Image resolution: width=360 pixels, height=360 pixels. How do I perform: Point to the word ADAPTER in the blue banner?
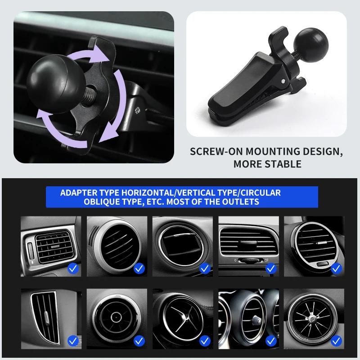coord(78,193)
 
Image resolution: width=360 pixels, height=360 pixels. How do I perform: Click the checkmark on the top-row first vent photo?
coord(73,269)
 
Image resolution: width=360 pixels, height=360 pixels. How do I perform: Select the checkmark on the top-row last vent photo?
coord(336,269)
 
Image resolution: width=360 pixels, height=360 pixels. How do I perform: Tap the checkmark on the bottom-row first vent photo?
coord(73,342)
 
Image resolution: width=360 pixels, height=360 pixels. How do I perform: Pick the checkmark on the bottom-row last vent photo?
coord(336,342)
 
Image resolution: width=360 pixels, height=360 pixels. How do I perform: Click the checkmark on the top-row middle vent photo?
coord(205,269)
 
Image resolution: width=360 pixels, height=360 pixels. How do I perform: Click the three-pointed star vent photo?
coord(182,316)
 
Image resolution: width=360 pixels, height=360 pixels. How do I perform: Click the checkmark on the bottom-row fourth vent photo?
coord(270,342)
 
